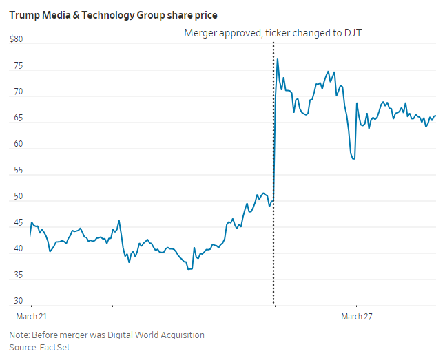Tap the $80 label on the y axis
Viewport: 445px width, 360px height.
point(16,40)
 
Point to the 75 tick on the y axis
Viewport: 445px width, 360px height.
point(19,66)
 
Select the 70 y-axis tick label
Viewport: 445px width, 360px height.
point(19,92)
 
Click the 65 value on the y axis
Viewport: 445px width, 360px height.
point(19,118)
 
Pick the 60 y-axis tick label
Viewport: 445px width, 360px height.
point(19,145)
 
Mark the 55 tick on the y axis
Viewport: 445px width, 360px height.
point(19,171)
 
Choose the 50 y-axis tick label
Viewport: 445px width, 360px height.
point(19,197)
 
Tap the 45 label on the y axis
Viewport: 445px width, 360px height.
point(19,223)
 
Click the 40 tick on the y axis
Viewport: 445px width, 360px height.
point(19,249)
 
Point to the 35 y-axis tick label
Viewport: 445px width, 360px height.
point(19,275)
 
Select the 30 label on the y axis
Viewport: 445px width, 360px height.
point(19,301)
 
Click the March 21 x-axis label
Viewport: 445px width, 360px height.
point(32,316)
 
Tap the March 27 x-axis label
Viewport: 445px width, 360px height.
point(356,316)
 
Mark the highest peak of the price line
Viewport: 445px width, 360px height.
point(277,59)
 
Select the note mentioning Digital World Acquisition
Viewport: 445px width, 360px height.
point(107,335)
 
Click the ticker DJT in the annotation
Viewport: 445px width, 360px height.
point(352,33)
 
